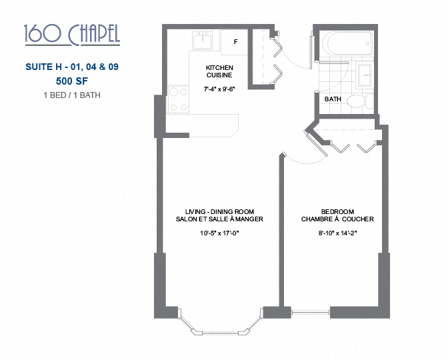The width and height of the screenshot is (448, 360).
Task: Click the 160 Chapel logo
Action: coord(71,34)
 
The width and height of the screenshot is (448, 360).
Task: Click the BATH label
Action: coord(333,99)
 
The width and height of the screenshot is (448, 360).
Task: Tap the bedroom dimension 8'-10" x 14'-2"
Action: coord(337,234)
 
